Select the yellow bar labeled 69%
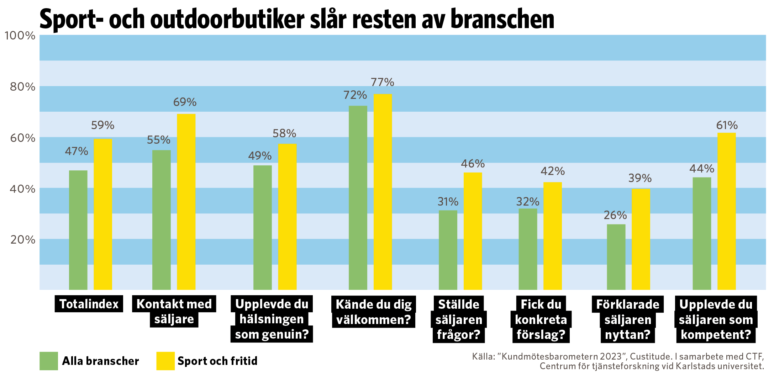(186, 202)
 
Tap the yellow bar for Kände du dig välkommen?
(383, 192)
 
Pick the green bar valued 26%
(616, 257)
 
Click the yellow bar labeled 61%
(726, 211)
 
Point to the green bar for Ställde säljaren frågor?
(448, 250)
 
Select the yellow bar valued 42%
(552, 236)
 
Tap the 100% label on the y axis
(20, 36)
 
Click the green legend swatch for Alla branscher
(49, 361)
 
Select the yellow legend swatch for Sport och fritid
(165, 361)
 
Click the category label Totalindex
(89, 304)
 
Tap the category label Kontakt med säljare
(174, 312)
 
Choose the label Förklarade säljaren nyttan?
(628, 319)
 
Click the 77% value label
(383, 83)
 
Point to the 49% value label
(260, 156)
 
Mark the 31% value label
(448, 202)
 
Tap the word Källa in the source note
(483, 356)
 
